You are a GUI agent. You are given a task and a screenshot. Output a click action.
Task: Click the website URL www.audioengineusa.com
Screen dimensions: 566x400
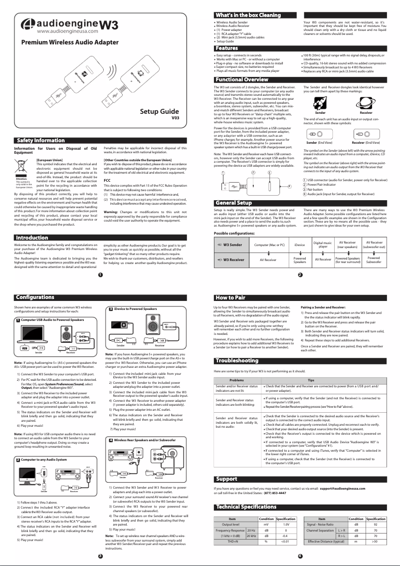coord(59,31)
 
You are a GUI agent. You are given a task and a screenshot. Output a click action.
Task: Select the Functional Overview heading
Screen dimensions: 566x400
coord(241,80)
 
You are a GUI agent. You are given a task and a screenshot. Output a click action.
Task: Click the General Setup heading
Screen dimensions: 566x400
coord(233,203)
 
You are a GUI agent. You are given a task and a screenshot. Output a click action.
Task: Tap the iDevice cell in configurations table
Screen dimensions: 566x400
coord(300,245)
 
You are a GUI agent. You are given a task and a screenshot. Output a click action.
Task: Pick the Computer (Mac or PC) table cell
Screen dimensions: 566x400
coord(269,245)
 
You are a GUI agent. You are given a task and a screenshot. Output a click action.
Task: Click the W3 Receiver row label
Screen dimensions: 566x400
coord(233,260)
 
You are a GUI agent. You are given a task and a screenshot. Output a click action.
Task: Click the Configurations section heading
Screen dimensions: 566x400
coord(35,298)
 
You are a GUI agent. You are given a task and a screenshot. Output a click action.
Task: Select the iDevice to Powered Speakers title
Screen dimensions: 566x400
coord(135,309)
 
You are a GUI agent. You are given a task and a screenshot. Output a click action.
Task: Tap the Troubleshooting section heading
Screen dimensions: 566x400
coord(237,360)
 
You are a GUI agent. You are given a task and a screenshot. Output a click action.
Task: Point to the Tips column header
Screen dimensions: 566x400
coord(311,380)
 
